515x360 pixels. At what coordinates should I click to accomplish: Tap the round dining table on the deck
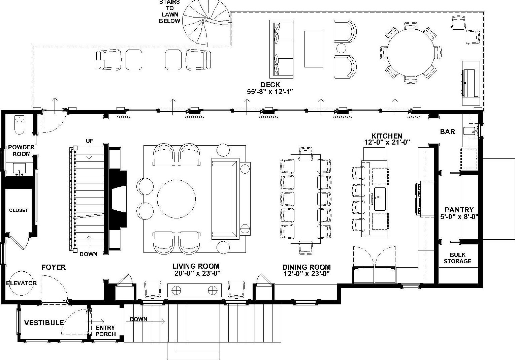(410, 52)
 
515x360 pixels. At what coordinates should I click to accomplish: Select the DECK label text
(270, 85)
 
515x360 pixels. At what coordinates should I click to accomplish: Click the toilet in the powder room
(20, 124)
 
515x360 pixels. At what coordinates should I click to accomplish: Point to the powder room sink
(20, 168)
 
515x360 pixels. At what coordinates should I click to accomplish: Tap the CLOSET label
(19, 210)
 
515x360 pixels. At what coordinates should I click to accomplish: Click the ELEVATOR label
(21, 283)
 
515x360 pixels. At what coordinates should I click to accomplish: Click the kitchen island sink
(380, 199)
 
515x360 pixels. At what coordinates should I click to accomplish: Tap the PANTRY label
(459, 210)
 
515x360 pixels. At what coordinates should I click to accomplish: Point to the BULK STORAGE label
(457, 258)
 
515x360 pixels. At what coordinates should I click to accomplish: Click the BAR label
(447, 132)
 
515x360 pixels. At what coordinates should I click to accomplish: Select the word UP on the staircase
(90, 141)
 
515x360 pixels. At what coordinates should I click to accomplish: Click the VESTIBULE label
(44, 323)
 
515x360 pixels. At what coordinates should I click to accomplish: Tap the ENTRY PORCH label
(105, 331)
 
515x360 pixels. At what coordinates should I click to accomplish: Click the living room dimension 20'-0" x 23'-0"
(197, 273)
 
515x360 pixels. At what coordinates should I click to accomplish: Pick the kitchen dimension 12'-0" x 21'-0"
(387, 142)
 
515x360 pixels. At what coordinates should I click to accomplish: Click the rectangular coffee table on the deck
(313, 49)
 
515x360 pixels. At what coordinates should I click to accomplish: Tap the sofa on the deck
(281, 49)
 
